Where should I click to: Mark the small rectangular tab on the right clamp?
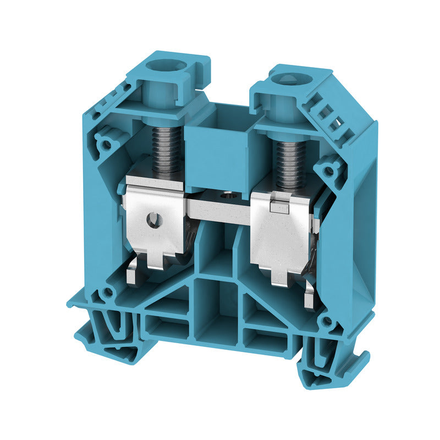279,207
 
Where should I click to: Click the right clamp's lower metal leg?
310,297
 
